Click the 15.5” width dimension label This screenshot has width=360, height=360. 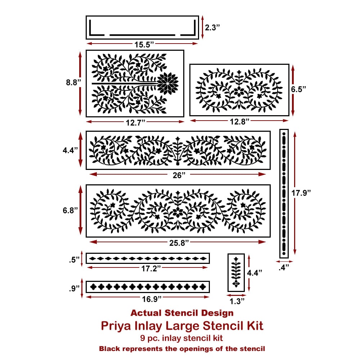pos(144,44)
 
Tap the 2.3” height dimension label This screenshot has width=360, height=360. pos(212,28)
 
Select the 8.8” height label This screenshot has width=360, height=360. pos(73,82)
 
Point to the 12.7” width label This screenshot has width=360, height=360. pos(135,123)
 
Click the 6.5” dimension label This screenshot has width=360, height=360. pos(298,89)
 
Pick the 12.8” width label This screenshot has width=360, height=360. pos(240,121)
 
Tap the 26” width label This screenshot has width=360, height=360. pos(179,175)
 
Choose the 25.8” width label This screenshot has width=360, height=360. pos(179,243)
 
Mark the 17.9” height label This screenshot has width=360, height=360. pos(301,193)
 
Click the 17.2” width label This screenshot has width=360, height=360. pos(151,269)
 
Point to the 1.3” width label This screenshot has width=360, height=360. pos(237,301)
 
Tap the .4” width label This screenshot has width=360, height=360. pos(284,267)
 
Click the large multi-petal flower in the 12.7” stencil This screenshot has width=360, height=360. pos(168,83)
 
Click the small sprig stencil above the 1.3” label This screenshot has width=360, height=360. pos(236,273)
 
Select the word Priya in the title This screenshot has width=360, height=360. pos(116,326)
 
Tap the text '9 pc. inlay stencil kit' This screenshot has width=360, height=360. pos(181,338)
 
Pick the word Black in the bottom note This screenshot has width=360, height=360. pos(109,349)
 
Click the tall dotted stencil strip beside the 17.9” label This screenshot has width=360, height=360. pos(284,194)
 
